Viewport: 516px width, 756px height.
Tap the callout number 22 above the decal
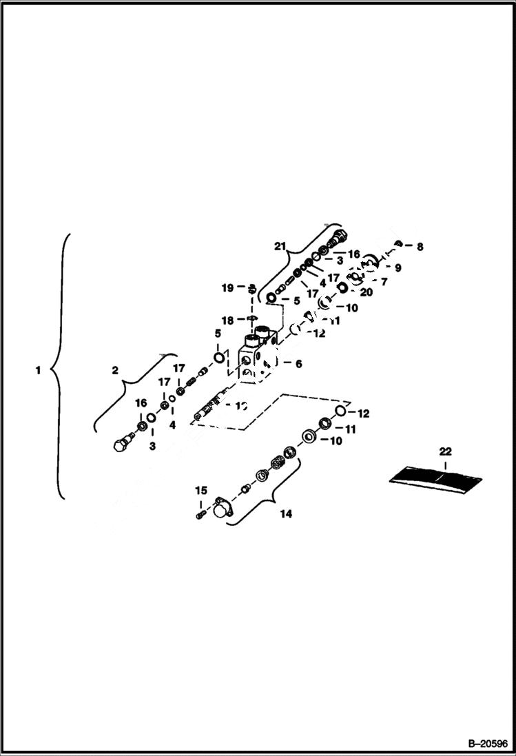pyautogui.click(x=446, y=451)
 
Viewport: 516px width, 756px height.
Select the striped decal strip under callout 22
pyautogui.click(x=435, y=476)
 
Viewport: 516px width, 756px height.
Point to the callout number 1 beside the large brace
pyautogui.click(x=38, y=370)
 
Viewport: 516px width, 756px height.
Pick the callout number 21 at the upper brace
pyautogui.click(x=279, y=246)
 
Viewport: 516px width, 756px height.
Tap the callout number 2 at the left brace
pyautogui.click(x=116, y=369)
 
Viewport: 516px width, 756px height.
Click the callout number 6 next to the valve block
pyautogui.click(x=298, y=363)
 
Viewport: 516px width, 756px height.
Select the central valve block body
pyautogui.click(x=256, y=356)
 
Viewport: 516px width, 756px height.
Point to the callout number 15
pyautogui.click(x=200, y=490)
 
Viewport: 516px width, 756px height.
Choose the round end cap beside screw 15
pyautogui.click(x=222, y=509)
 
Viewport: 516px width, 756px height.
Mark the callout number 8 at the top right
pyautogui.click(x=420, y=245)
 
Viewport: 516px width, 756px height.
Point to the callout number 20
pyautogui.click(x=367, y=292)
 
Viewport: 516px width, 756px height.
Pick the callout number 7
pyautogui.click(x=384, y=281)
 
